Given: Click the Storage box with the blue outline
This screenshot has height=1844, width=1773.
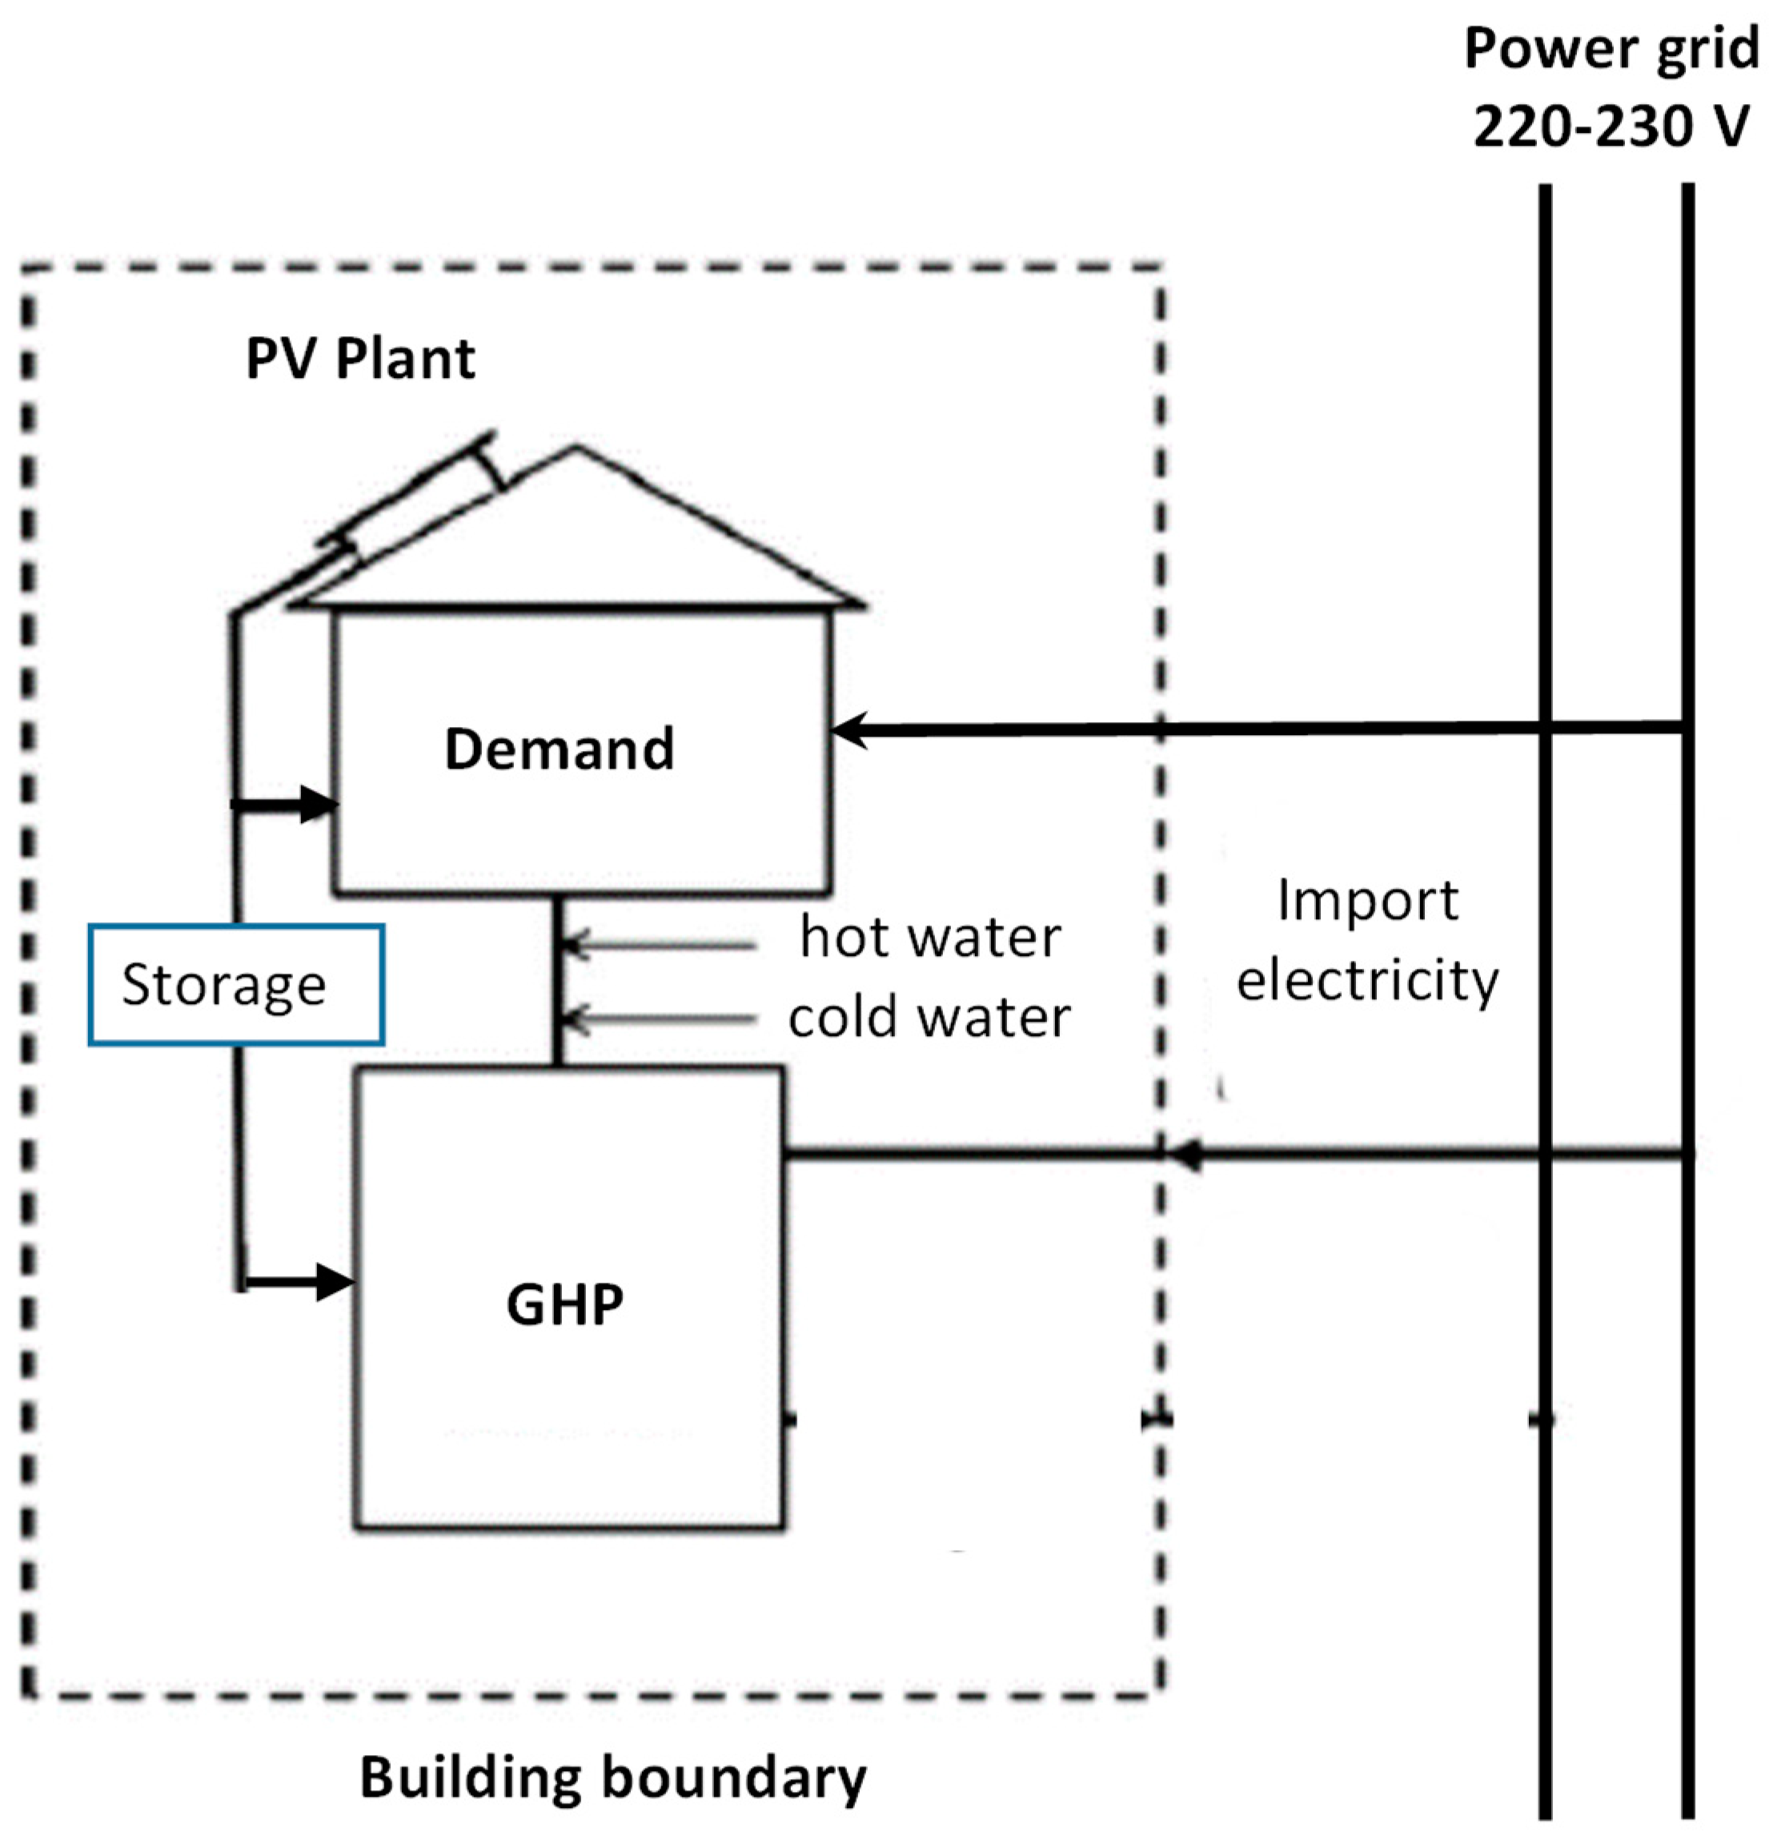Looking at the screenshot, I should coord(235,984).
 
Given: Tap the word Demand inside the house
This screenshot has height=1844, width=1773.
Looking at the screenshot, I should coord(559,749).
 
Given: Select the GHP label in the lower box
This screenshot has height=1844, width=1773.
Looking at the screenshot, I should coord(564,1304).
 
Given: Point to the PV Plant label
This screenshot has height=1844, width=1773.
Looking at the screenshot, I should coord(360,359).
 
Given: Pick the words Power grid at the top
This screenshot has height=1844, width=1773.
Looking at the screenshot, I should coord(1611,49).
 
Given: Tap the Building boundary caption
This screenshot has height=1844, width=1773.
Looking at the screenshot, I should coord(612,1776).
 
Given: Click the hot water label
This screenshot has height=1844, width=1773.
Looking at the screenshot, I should coord(929,937).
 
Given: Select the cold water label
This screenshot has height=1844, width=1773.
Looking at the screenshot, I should coord(929,1017).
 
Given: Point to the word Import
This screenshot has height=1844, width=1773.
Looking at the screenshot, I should coord(1366,900).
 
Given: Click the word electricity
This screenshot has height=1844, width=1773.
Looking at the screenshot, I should coord(1366,979).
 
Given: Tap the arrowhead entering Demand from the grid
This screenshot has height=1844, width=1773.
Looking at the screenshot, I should coord(849,729).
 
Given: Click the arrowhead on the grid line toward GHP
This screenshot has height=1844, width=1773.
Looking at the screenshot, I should coord(1187,1155).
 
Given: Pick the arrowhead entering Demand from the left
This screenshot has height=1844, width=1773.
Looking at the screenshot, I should coord(319,803).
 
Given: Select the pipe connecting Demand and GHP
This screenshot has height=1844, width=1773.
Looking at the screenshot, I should coord(557,978).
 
